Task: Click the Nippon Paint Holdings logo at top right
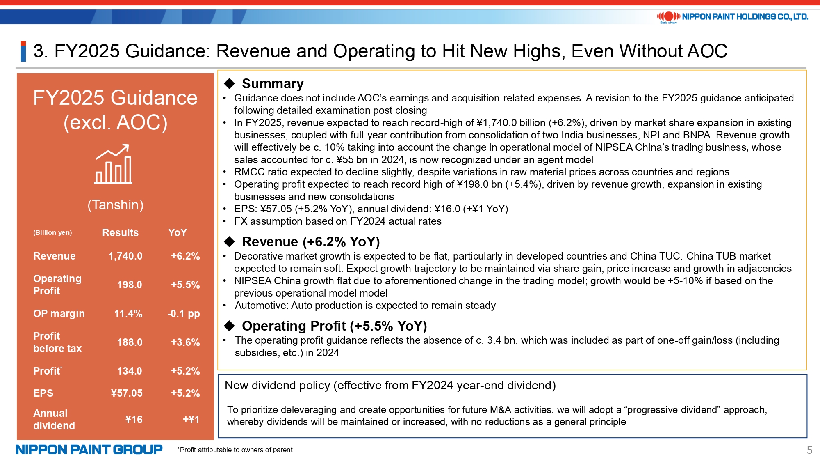(x=732, y=17)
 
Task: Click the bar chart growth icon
(x=114, y=164)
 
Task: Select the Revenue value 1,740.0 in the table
(x=125, y=256)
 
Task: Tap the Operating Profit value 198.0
(x=130, y=285)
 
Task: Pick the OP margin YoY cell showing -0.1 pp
(x=184, y=314)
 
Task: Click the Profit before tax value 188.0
(x=130, y=342)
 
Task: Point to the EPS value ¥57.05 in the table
(x=127, y=393)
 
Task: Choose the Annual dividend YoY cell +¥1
(x=191, y=419)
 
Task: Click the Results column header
(x=121, y=233)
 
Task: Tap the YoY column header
(x=178, y=233)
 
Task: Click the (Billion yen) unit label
(x=52, y=233)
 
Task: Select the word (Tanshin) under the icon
(x=116, y=205)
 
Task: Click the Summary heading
(x=273, y=84)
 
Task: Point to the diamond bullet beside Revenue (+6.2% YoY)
(x=230, y=241)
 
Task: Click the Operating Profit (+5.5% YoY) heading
(x=335, y=326)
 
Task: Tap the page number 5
(x=809, y=450)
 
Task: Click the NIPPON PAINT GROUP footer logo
(x=89, y=450)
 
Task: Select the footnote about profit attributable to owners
(x=235, y=450)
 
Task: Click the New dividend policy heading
(x=390, y=386)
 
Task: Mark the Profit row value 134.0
(x=130, y=371)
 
